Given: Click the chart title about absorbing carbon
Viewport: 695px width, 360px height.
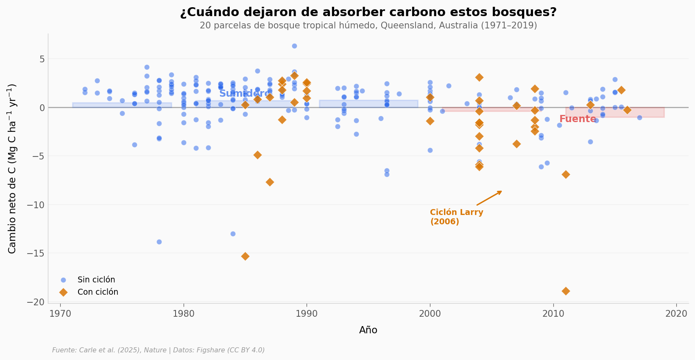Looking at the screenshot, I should [x=368, y=12].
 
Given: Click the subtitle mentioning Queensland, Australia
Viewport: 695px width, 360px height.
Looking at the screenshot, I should [x=368, y=25].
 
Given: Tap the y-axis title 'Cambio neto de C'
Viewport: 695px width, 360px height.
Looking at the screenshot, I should [x=12, y=168].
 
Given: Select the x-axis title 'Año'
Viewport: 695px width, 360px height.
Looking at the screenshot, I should [x=368, y=330].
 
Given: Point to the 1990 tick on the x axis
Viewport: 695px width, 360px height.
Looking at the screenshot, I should [x=307, y=314].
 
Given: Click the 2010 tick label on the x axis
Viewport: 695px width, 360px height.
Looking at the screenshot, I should [x=553, y=314].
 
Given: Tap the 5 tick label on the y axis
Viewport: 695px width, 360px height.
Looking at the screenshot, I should [x=42, y=59].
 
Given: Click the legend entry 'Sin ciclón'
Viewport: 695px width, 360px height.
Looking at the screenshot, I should [x=96, y=280].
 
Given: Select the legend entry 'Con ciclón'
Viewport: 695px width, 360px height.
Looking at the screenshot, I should [x=98, y=292].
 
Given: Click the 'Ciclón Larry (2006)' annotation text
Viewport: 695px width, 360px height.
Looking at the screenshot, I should [x=456, y=217].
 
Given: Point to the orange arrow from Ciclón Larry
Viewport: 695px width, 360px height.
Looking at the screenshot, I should [x=489, y=198].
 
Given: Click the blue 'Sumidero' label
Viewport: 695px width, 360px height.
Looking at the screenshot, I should [x=245, y=94].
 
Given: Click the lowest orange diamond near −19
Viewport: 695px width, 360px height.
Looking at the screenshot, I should [x=566, y=291].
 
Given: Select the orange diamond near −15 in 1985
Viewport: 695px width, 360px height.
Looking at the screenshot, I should [x=245, y=256].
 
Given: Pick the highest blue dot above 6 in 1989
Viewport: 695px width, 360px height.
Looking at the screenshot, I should [x=294, y=46].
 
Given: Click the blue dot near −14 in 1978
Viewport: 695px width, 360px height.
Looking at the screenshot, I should [x=159, y=242].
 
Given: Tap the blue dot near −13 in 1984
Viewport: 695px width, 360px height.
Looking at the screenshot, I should [x=233, y=234].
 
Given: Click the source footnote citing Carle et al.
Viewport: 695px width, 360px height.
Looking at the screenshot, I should [x=158, y=350].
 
